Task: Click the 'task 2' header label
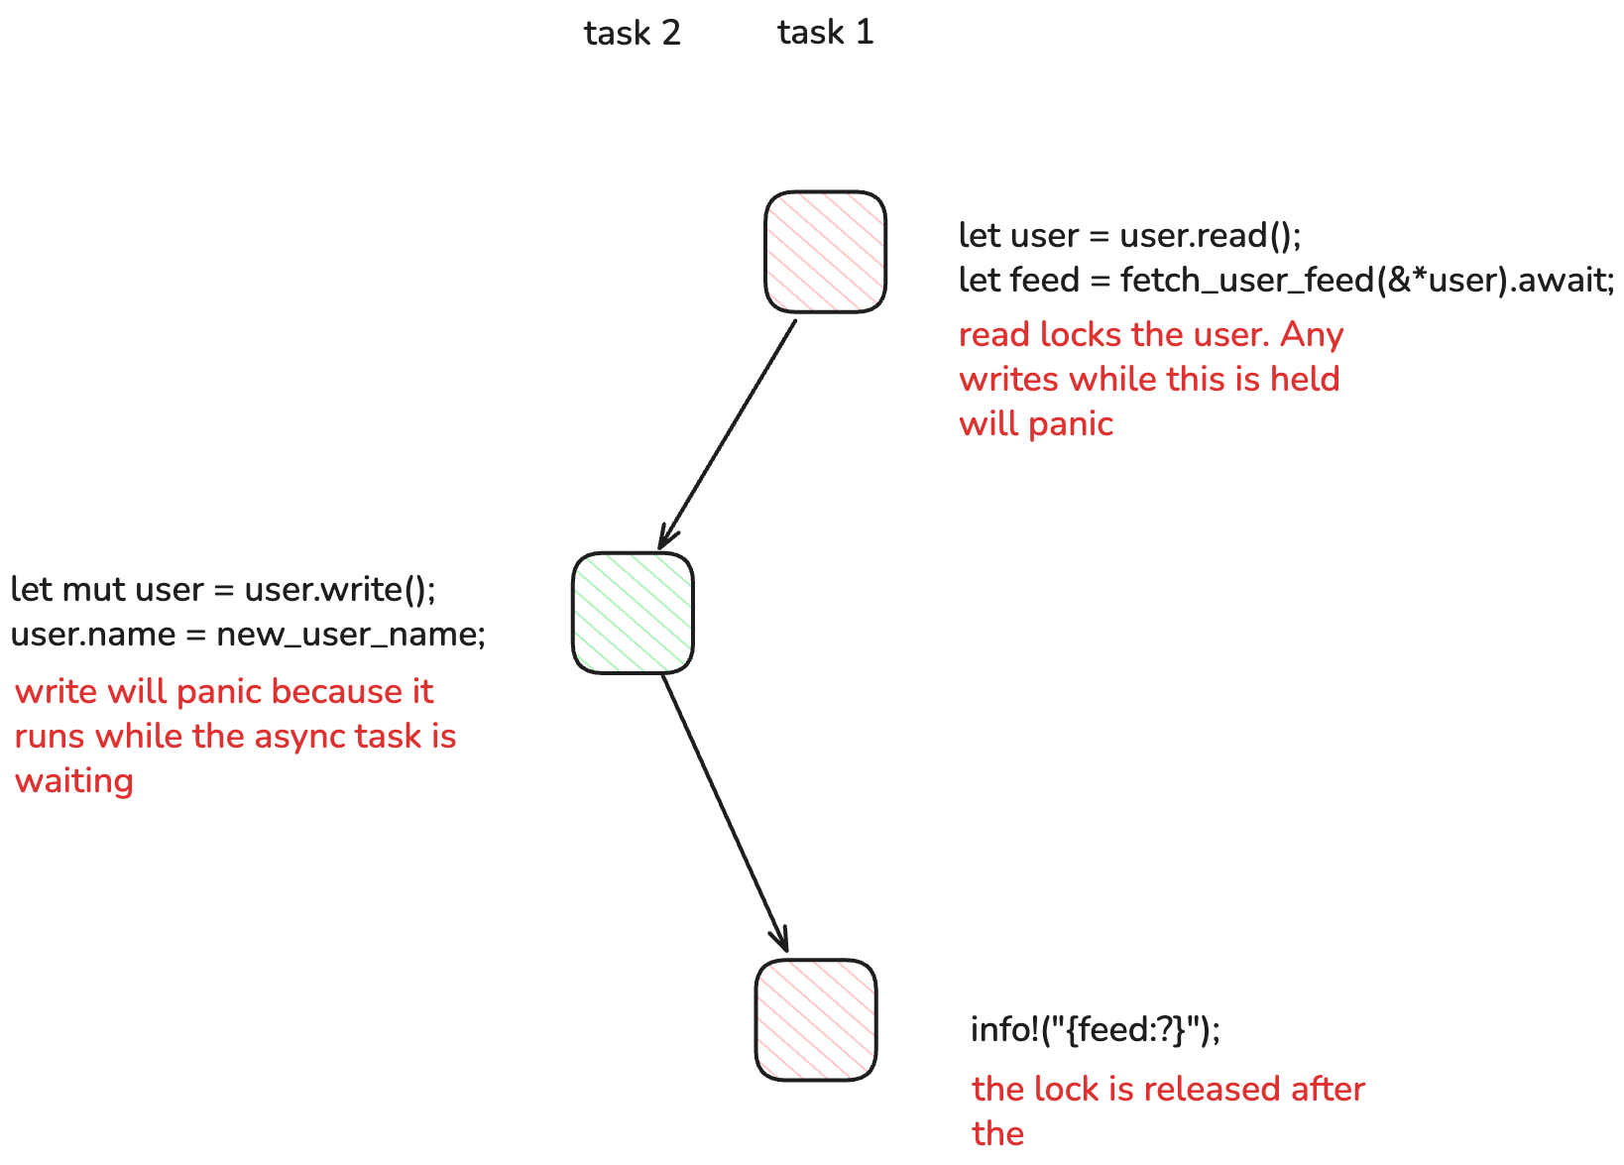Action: click(632, 34)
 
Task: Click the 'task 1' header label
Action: click(825, 33)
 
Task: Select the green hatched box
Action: click(633, 613)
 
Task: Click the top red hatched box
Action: click(825, 252)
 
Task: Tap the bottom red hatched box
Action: click(816, 1019)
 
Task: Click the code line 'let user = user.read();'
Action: click(1129, 236)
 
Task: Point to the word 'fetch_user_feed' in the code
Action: click(1246, 281)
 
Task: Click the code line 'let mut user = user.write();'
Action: click(223, 590)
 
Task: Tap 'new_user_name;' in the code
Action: click(351, 635)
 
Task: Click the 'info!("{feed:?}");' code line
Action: click(1096, 1030)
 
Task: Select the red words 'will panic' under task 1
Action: click(1036, 424)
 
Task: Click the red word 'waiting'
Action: click(74, 781)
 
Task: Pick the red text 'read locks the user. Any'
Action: click(1150, 335)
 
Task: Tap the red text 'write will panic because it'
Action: click(224, 692)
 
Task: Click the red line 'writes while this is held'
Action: click(1149, 380)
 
